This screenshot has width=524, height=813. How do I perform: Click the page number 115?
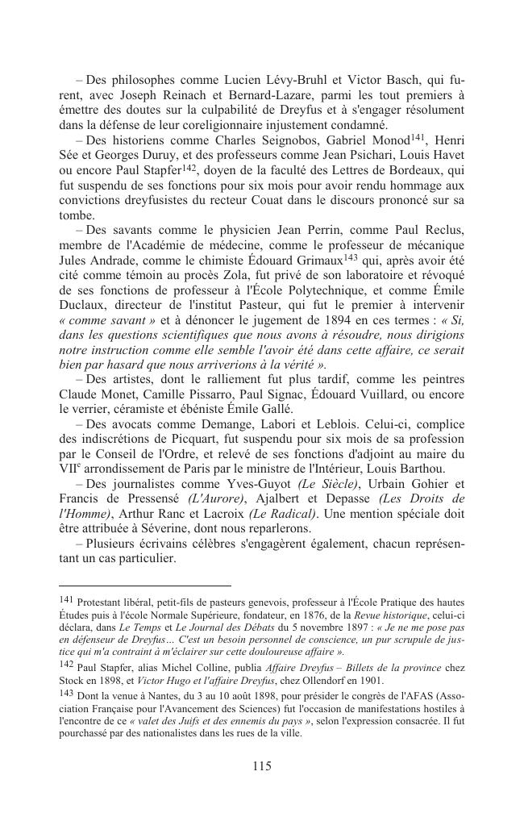pyautogui.click(x=261, y=766)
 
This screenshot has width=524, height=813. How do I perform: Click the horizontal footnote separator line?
pyautogui.click(x=145, y=586)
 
